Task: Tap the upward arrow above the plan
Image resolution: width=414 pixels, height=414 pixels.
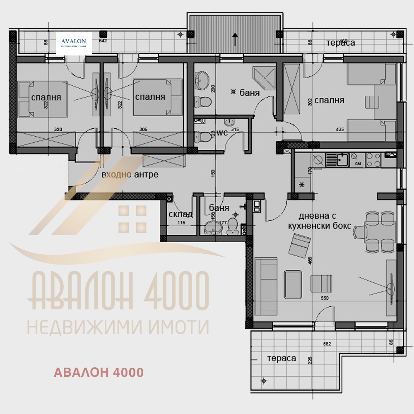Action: tap(235, 39)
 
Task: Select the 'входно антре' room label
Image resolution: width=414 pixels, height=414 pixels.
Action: tap(130, 175)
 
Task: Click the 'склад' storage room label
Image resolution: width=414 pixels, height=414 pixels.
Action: tap(181, 214)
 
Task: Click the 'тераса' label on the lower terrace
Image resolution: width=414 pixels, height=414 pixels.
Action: tap(282, 358)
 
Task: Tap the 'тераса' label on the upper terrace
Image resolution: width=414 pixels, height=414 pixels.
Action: tap(340, 43)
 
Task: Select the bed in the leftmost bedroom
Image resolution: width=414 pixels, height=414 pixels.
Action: tap(43, 99)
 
